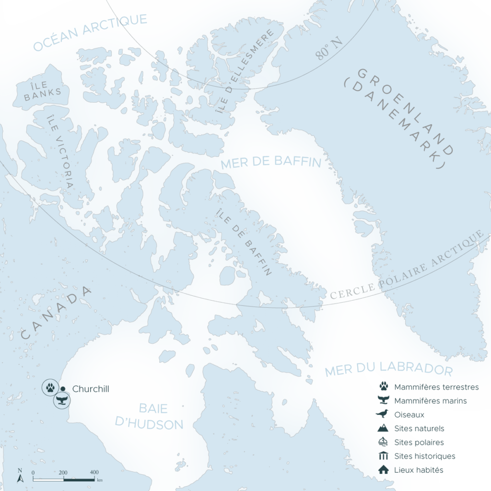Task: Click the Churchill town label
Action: pos(91,389)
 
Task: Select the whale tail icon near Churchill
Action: pos(62,401)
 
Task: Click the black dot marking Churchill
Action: pos(63,388)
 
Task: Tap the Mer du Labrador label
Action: pos(388,370)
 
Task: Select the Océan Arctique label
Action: pos(90,32)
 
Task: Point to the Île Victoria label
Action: pos(60,149)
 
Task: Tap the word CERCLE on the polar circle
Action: pos(351,292)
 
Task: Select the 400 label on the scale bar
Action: pos(94,472)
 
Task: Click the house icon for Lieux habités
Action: pos(384,470)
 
